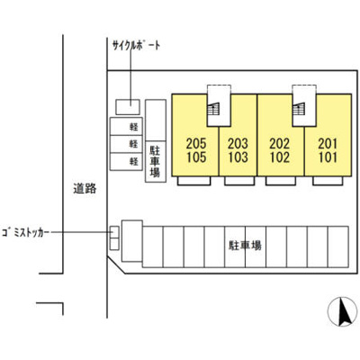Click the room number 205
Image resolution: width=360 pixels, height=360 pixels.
(x=196, y=144)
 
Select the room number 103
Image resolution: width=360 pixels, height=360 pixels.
(x=238, y=157)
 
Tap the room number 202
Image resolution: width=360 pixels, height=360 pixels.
(x=280, y=144)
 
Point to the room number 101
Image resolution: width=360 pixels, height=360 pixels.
(x=328, y=157)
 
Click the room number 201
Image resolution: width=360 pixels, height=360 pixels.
(x=328, y=144)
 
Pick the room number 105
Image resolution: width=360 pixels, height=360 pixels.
(x=196, y=157)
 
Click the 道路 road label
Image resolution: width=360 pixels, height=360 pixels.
(x=85, y=188)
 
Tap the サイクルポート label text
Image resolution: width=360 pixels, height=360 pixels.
(x=136, y=46)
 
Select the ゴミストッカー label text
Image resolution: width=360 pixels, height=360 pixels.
(x=25, y=232)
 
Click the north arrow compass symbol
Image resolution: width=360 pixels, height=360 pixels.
(x=342, y=311)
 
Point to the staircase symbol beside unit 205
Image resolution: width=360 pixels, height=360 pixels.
(x=213, y=109)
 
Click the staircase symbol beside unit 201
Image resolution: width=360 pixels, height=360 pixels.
(x=299, y=109)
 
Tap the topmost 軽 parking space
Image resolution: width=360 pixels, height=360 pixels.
(x=126, y=126)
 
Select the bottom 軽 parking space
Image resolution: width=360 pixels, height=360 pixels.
(x=126, y=162)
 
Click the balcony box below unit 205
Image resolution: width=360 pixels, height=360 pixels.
(x=193, y=181)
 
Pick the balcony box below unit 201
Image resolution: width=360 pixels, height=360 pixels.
(x=328, y=181)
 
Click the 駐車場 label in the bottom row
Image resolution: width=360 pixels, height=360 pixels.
(x=245, y=246)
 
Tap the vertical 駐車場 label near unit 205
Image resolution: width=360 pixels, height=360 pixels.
(x=155, y=161)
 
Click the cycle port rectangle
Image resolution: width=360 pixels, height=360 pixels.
(x=128, y=107)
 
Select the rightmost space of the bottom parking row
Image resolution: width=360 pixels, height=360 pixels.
(x=338, y=247)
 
